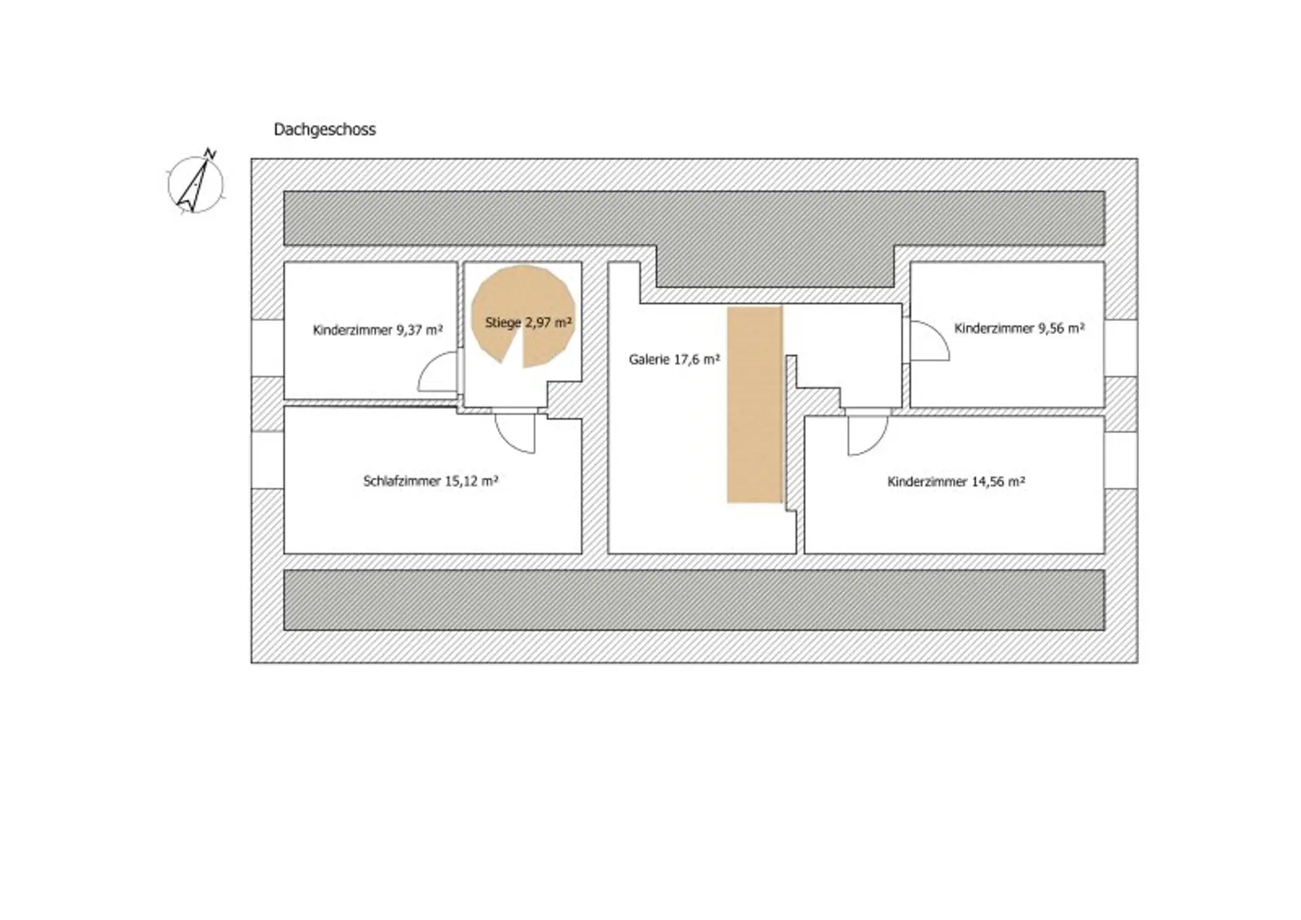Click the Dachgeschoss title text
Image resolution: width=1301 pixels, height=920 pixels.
pyautogui.click(x=325, y=129)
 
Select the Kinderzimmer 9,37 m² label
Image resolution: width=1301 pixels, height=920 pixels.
pyautogui.click(x=377, y=331)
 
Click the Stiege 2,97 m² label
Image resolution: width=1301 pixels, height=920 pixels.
pyautogui.click(x=529, y=322)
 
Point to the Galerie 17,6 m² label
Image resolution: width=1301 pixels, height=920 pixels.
pyautogui.click(x=674, y=360)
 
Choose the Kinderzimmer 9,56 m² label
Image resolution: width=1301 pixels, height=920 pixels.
pyautogui.click(x=1019, y=329)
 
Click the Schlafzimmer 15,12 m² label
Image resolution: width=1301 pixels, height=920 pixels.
pyautogui.click(x=431, y=482)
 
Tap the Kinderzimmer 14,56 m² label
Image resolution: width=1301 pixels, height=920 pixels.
pyautogui.click(x=956, y=482)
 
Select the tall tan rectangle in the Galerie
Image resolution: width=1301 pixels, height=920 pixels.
pyautogui.click(x=755, y=404)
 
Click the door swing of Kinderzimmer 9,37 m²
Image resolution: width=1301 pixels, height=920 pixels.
pyautogui.click(x=438, y=372)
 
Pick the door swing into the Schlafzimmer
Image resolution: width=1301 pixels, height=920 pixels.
pyautogui.click(x=515, y=433)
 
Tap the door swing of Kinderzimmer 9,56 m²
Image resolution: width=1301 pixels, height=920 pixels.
pyautogui.click(x=929, y=340)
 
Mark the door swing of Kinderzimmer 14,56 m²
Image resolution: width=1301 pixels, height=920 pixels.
pyautogui.click(x=867, y=435)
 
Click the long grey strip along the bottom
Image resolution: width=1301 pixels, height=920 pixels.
pyautogui.click(x=694, y=600)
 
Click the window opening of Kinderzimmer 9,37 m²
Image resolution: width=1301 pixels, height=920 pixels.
pyautogui.click(x=268, y=348)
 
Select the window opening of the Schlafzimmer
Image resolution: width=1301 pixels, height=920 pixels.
pyautogui.click(x=268, y=460)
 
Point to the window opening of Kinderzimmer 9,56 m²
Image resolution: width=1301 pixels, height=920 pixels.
pyautogui.click(x=1121, y=348)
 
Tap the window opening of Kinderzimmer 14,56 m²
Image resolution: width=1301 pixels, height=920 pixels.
pyautogui.click(x=1121, y=460)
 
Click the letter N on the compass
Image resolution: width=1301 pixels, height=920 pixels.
pyautogui.click(x=211, y=154)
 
